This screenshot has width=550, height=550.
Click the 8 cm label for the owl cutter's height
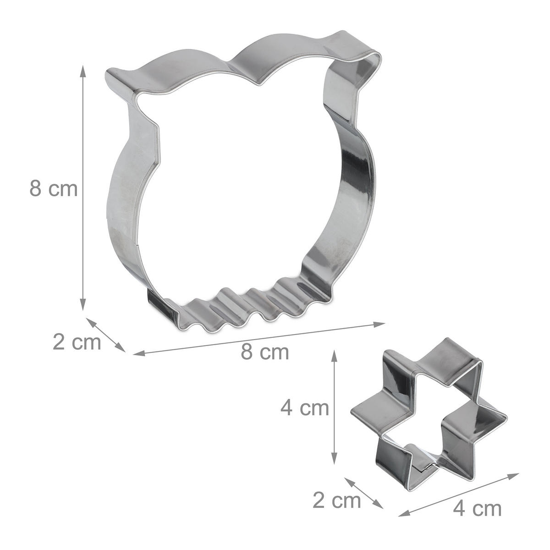pyautogui.click(x=53, y=188)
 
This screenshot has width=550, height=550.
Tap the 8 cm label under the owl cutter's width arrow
pyautogui.click(x=265, y=352)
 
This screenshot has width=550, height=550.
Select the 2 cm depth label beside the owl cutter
pyautogui.click(x=77, y=342)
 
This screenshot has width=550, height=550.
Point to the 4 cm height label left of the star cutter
pyautogui.click(x=304, y=408)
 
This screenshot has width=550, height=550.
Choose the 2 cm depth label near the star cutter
pyautogui.click(x=337, y=500)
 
